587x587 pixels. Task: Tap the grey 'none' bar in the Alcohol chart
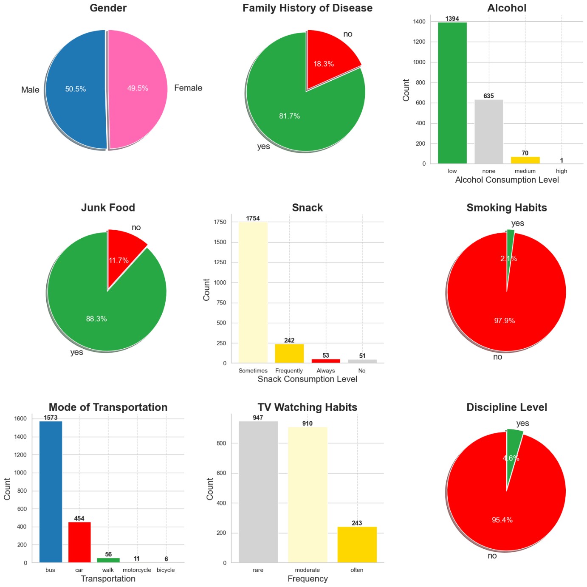[488, 132]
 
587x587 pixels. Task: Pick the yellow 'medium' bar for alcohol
[525, 160]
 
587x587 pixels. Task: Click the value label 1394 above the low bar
[452, 19]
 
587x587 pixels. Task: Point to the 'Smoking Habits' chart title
[506, 208]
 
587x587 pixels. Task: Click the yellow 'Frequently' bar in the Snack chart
[289, 353]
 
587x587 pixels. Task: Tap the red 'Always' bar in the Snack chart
[326, 361]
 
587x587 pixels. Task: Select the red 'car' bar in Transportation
[79, 542]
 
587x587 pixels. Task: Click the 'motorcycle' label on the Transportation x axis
[137, 570]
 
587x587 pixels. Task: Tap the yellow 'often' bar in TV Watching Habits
[357, 545]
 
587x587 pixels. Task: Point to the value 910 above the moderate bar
[307, 423]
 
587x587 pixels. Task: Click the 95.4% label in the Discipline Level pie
[502, 520]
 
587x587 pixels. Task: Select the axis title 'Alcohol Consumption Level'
[507, 180]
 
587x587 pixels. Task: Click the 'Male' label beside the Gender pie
[30, 90]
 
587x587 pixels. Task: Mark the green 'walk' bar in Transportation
[108, 560]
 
